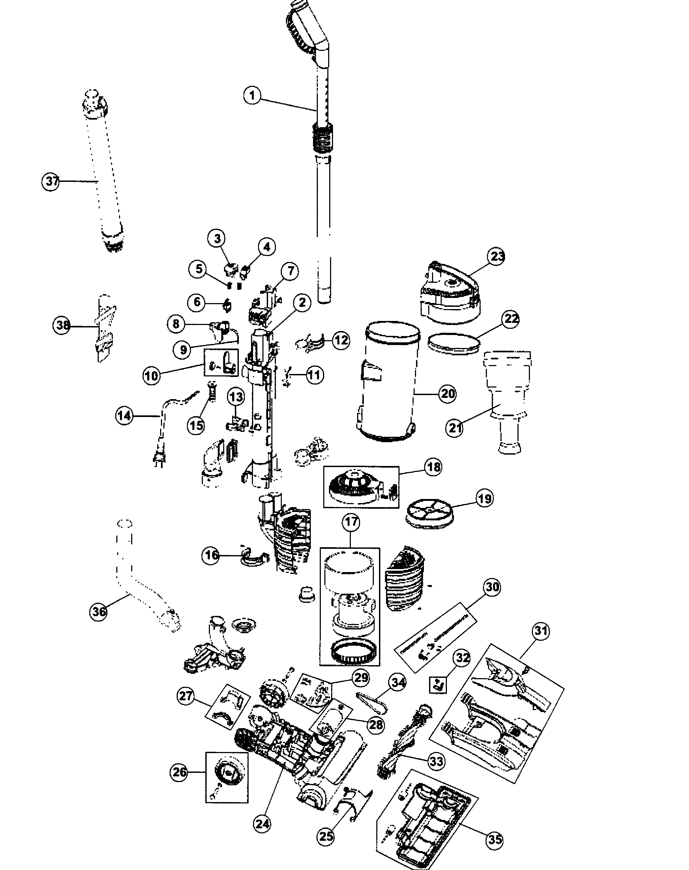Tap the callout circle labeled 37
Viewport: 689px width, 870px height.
(51, 182)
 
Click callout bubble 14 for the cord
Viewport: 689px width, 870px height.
(124, 415)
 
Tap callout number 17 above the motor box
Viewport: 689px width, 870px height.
(351, 522)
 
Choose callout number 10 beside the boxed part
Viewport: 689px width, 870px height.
(152, 376)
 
